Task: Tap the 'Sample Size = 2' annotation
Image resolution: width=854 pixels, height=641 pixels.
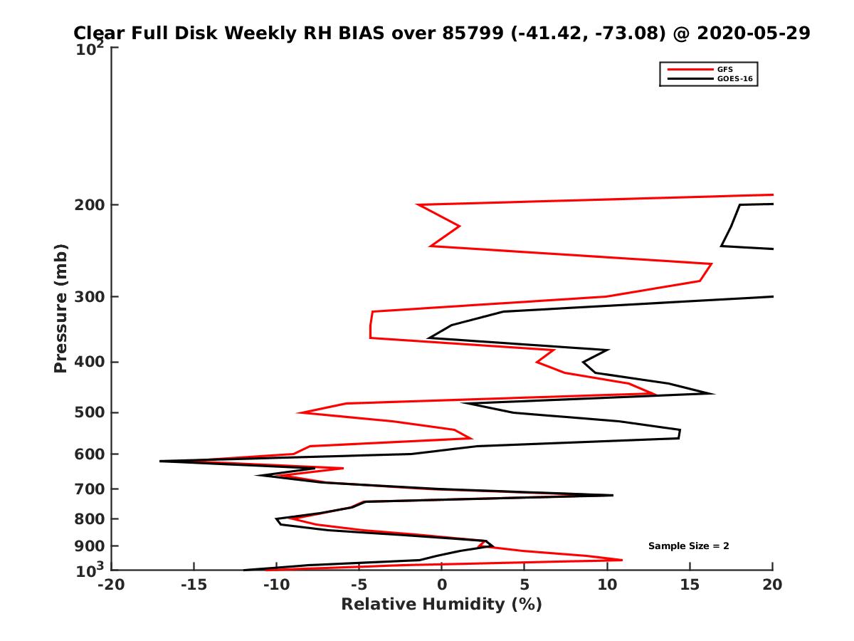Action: (688, 546)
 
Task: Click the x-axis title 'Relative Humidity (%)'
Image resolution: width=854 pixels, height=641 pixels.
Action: (441, 605)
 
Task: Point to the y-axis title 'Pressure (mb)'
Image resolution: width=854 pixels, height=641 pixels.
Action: (60, 308)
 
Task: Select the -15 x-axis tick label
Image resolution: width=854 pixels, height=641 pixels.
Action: (193, 585)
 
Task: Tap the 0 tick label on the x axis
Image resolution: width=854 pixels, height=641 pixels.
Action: (441, 585)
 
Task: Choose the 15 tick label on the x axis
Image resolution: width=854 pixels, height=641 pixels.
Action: (690, 585)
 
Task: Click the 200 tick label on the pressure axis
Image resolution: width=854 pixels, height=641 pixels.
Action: (90, 205)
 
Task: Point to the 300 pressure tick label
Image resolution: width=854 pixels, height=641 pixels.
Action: (90, 296)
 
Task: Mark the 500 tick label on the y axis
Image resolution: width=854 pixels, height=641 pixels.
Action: (90, 412)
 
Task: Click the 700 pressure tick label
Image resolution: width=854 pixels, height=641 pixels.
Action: (90, 489)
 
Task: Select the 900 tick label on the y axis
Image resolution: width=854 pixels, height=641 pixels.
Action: (90, 546)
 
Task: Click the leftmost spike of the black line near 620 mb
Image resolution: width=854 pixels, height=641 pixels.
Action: (161, 462)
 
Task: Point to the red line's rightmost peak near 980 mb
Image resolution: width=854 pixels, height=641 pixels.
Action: (621, 560)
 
